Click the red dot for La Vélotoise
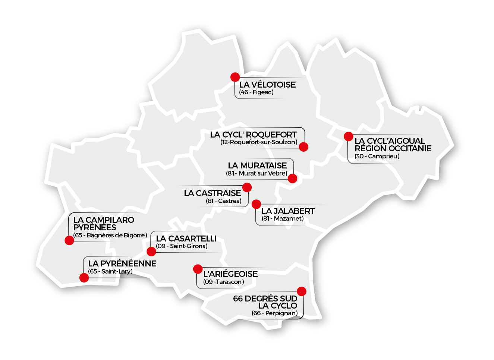235,77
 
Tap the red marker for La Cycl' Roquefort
303,147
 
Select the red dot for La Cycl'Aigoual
349,136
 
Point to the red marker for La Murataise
293,179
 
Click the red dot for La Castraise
247,187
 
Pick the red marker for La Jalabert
256,204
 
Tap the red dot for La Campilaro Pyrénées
69,240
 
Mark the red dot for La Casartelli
151,252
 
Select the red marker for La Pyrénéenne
84,278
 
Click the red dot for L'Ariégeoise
198,269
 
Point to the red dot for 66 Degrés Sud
302,291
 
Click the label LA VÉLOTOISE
267,85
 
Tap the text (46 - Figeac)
257,92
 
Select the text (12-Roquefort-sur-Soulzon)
259,142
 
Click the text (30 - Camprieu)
377,156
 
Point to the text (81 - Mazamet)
283,218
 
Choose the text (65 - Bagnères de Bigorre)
110,235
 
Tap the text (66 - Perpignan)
274,313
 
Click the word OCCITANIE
409,148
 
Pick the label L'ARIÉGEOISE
230,274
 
